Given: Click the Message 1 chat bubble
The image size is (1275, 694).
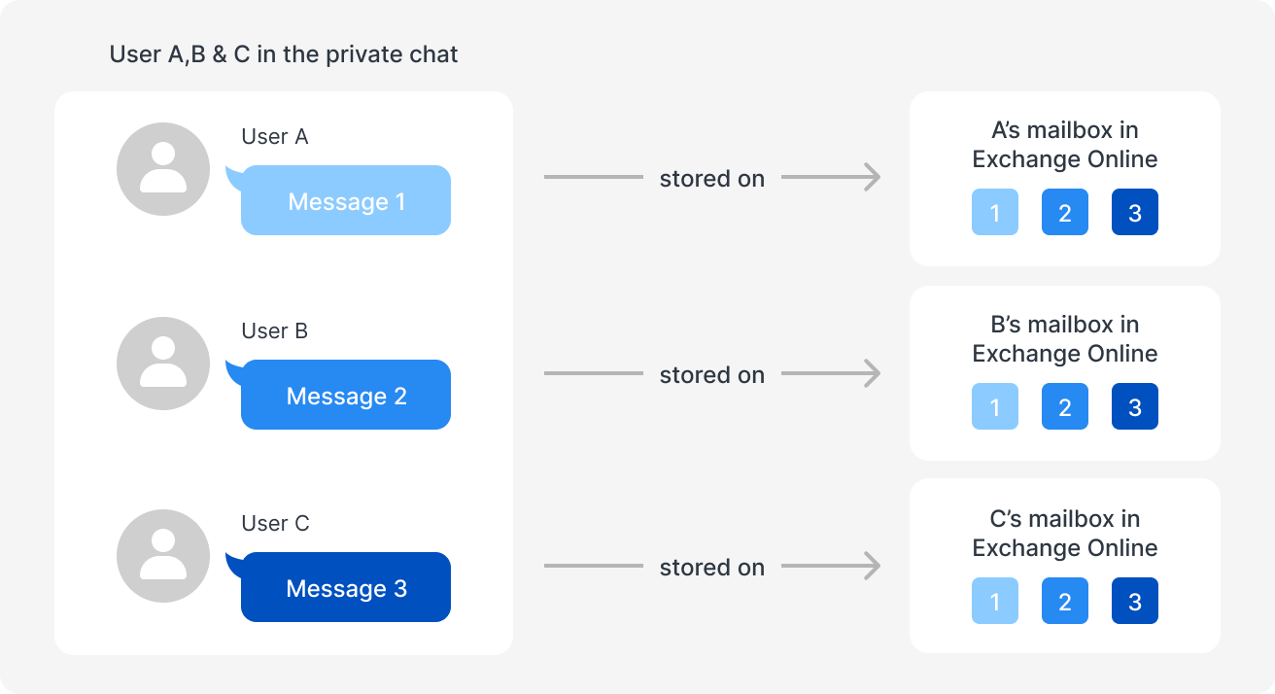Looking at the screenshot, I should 346,201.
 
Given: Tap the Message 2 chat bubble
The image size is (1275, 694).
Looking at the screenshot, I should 346,396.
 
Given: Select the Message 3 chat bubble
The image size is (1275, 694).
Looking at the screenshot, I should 346,588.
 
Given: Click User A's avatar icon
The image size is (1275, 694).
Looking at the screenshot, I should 163,169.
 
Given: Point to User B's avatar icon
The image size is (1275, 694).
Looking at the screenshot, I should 163,364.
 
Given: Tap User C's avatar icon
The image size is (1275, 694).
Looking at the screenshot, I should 163,556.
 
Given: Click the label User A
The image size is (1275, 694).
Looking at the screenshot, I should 275,137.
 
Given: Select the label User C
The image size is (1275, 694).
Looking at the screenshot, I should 275,524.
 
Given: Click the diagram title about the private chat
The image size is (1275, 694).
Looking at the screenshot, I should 284,54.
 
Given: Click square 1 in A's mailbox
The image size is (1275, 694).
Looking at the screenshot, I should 995,212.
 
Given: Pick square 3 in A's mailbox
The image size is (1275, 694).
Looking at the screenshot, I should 1135,212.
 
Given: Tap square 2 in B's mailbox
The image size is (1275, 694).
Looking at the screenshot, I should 1065,406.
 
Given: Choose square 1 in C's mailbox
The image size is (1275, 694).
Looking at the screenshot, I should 995,601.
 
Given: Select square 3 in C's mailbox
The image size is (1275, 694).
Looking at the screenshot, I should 1135,601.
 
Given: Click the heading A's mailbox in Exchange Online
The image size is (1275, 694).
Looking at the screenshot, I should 1065,145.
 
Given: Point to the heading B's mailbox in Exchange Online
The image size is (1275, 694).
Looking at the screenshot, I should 1065,339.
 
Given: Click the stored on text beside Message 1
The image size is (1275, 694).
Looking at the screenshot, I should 711,179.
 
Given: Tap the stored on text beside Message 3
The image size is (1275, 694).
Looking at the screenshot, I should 711,568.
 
